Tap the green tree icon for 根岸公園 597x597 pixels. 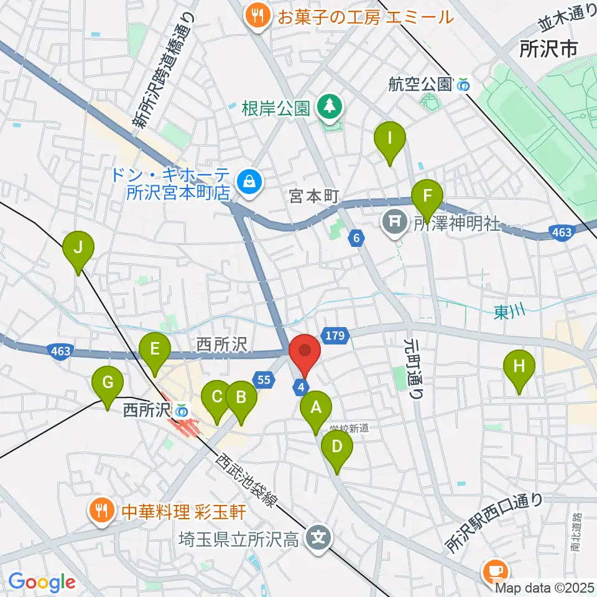coord(330,107)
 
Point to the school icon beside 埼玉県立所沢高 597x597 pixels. coord(318,535)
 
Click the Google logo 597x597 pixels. coord(42,582)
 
